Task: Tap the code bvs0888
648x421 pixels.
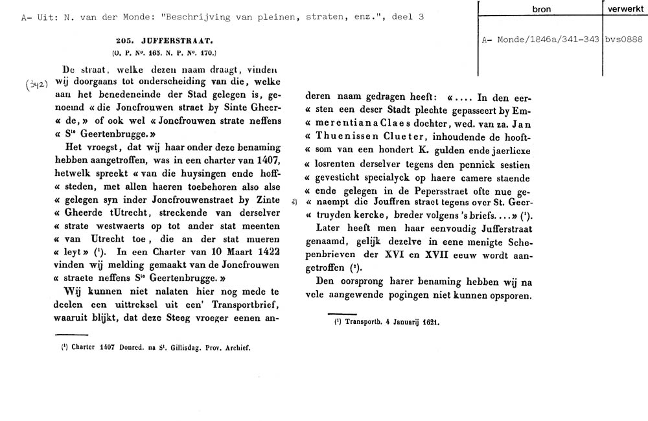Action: point(623,40)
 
